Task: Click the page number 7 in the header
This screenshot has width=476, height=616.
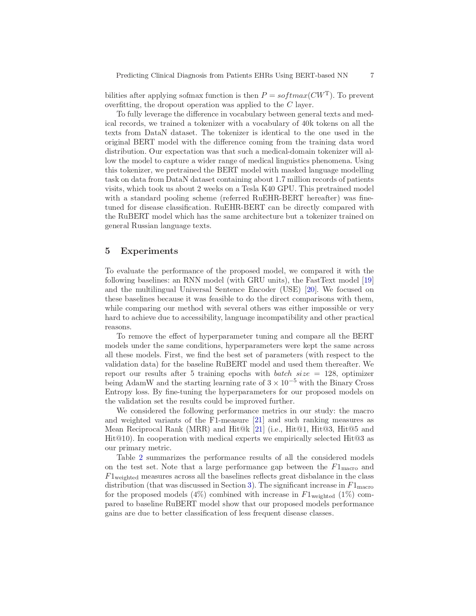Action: coord(372,75)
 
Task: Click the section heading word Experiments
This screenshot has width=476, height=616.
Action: coord(149,251)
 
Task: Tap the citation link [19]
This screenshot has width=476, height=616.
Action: coord(368,280)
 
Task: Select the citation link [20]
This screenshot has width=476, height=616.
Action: coord(311,290)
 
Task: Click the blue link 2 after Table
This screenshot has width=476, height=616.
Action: coord(141,458)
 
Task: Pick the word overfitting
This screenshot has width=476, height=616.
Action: coord(122,105)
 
